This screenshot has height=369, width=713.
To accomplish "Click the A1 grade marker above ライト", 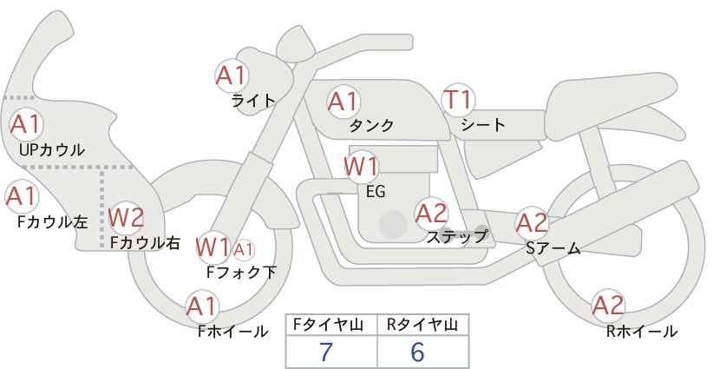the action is (232, 76).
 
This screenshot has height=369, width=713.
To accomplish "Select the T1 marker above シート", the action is (458, 100).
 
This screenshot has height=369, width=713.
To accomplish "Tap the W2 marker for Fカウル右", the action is (127, 218).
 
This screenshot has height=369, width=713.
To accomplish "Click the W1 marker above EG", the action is (361, 167).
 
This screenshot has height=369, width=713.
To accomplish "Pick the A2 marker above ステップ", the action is (431, 214).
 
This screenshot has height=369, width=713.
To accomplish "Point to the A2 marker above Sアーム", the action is (532, 223).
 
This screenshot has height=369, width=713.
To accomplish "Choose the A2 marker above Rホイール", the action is (608, 306).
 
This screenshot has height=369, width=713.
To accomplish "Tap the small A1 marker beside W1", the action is (243, 249).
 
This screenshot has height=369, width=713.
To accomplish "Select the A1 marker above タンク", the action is (343, 102).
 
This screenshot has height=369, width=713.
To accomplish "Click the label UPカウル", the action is (52, 149).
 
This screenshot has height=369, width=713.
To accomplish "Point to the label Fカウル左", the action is (52, 222).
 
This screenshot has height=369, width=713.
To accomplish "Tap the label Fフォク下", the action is (241, 272).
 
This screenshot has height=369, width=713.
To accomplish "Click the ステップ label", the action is (456, 237).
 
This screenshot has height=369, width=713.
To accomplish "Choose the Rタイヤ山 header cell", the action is (423, 325).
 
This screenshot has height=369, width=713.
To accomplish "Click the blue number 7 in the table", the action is (326, 352).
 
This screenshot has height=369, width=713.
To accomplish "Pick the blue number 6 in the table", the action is (417, 352).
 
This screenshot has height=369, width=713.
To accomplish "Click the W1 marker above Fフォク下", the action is (213, 247).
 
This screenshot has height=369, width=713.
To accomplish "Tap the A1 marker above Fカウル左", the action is (22, 196).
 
